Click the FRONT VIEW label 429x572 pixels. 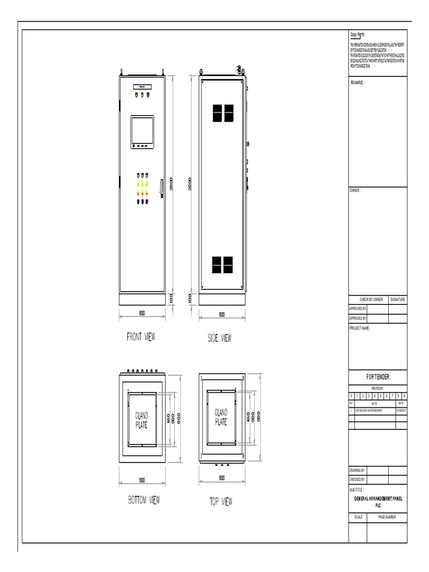tap(141, 337)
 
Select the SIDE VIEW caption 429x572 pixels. tap(219, 338)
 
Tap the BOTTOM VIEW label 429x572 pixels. tap(144, 500)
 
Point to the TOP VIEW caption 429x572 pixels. tap(221, 502)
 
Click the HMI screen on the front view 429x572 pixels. tap(142, 131)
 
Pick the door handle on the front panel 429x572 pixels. tap(161, 187)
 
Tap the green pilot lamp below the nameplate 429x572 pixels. tap(135, 95)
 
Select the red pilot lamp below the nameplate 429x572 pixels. tap(149, 95)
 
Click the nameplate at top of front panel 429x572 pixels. tap(142, 87)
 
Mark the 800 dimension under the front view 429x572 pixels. tap(142, 314)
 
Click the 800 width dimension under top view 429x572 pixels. tap(221, 478)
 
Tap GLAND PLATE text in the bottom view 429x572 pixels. tap(141, 420)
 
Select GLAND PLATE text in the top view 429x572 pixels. tap(221, 417)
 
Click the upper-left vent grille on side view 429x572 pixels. tap(217, 113)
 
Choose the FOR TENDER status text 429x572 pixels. tap(378, 377)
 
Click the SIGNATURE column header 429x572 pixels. tap(398, 300)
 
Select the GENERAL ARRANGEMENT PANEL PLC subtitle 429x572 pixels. tap(378, 500)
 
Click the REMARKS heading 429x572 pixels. tap(357, 82)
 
